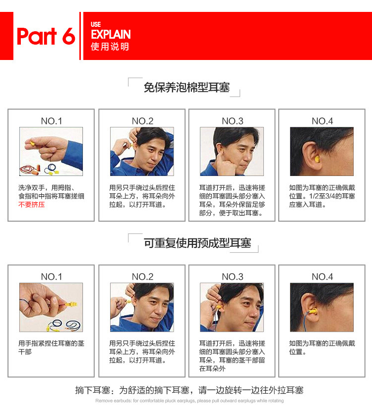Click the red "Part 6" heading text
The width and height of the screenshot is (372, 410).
click(46, 36)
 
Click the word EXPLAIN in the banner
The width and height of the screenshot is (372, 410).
click(111, 35)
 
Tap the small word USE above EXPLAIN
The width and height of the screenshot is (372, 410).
click(96, 25)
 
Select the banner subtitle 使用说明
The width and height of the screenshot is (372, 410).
click(110, 47)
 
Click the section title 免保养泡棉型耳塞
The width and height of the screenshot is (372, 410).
click(186, 87)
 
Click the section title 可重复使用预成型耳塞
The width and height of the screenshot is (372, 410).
click(197, 243)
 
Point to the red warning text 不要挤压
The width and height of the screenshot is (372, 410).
click(32, 204)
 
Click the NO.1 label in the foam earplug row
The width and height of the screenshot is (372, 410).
click(52, 121)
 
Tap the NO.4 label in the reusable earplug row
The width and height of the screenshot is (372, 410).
click(322, 277)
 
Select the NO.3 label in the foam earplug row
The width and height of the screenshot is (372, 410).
click(232, 121)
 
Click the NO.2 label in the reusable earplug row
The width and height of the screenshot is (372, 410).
click(142, 277)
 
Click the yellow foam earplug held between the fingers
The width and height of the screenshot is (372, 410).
click(33, 143)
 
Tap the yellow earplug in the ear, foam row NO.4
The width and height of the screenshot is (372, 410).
click(316, 159)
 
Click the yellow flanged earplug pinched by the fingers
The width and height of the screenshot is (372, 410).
click(71, 304)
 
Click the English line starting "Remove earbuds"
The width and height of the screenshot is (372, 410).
click(189, 401)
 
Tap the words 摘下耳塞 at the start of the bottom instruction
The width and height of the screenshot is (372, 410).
click(92, 390)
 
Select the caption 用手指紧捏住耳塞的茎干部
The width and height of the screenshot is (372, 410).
click(51, 348)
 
